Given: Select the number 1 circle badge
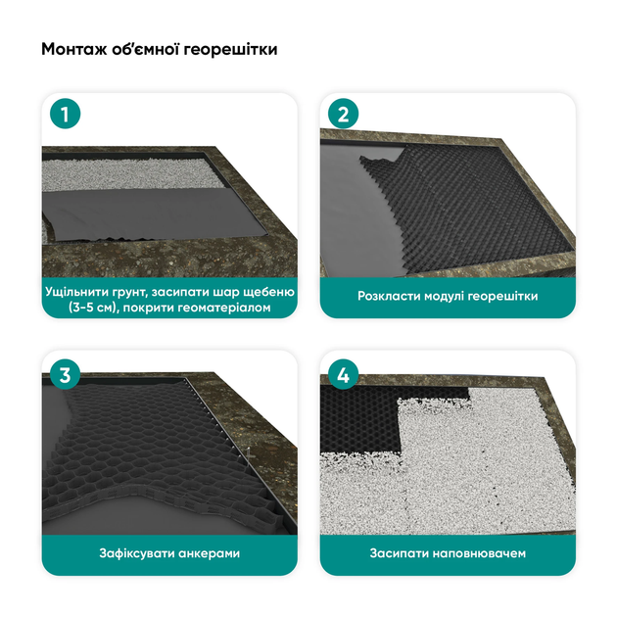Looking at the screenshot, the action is (x=66, y=114).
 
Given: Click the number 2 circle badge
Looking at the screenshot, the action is (x=343, y=114).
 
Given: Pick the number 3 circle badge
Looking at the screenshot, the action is (x=66, y=374).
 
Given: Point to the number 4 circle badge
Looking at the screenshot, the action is (x=343, y=374).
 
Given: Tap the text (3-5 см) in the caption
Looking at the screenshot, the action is (x=93, y=308).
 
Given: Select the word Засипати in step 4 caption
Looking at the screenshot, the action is (x=399, y=553).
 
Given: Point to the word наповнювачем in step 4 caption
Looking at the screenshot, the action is (x=479, y=553).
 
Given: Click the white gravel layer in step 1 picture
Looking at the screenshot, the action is (x=130, y=173).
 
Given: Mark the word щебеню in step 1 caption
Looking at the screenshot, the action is (x=269, y=293).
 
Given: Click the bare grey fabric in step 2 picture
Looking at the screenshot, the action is (x=351, y=205).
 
